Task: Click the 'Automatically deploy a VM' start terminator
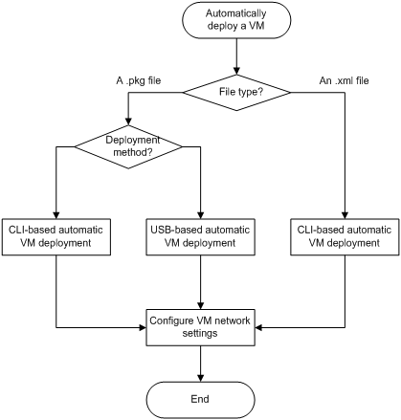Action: [236, 20]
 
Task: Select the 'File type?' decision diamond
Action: [236, 93]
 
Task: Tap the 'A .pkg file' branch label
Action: [139, 80]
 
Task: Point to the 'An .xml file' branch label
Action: [344, 80]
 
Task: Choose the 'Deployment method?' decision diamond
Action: [128, 146]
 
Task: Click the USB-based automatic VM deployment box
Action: [200, 237]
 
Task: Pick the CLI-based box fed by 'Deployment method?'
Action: [56, 237]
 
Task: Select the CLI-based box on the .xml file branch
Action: [345, 237]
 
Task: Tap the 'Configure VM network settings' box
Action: [200, 327]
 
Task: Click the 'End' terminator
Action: [200, 400]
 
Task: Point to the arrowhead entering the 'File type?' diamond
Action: [236, 71]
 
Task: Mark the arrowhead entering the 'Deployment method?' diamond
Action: [128, 122]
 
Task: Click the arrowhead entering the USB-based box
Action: [200, 215]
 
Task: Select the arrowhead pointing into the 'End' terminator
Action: [200, 378]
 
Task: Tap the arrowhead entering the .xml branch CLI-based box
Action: [345, 215]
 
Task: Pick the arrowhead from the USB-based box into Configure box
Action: [200, 305]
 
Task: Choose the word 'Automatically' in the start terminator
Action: [235, 13]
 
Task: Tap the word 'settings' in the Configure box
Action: [200, 334]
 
